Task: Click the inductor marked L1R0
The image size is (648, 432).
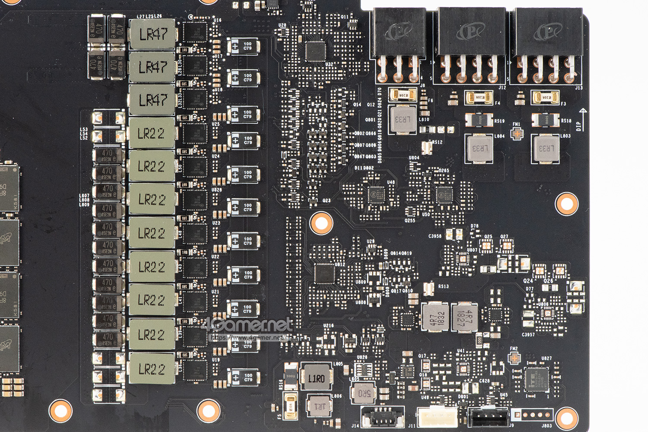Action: click(x=316, y=378)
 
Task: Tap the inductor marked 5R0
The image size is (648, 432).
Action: click(x=364, y=393)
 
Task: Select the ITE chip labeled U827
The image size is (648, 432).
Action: click(x=537, y=379)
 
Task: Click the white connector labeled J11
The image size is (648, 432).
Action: click(x=437, y=417)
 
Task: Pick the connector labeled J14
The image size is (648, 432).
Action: click(x=382, y=417)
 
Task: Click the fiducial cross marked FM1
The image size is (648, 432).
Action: click(x=517, y=134)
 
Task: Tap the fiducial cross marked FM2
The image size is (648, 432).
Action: click(x=514, y=358)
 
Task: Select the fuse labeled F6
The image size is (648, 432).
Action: click(x=403, y=95)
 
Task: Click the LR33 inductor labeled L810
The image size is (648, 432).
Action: click(x=403, y=119)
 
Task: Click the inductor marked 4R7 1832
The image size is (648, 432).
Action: click(x=435, y=318)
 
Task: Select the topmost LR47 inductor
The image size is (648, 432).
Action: click(x=152, y=34)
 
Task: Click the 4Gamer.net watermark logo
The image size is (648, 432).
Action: click(x=248, y=325)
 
